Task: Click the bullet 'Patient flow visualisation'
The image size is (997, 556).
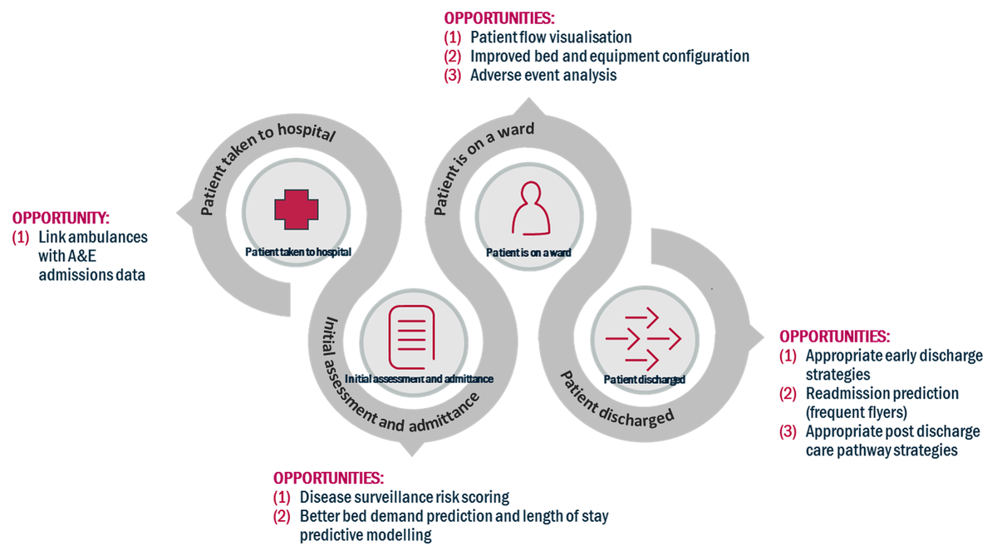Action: [x=550, y=37]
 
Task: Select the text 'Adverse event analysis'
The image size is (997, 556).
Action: [x=543, y=76]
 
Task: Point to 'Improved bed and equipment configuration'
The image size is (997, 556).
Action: [x=609, y=57]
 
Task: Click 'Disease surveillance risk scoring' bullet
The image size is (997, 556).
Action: [x=404, y=497]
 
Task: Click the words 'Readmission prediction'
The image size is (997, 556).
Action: [x=882, y=393]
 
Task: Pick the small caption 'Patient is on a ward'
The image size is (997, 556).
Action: [x=528, y=252]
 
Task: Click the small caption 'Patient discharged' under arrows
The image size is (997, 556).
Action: [x=644, y=380]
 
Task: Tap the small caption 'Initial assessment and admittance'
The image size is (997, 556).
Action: [x=419, y=379]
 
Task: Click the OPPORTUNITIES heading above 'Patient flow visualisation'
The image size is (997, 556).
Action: [x=499, y=18]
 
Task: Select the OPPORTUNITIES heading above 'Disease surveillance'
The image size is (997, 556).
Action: [x=328, y=478]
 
